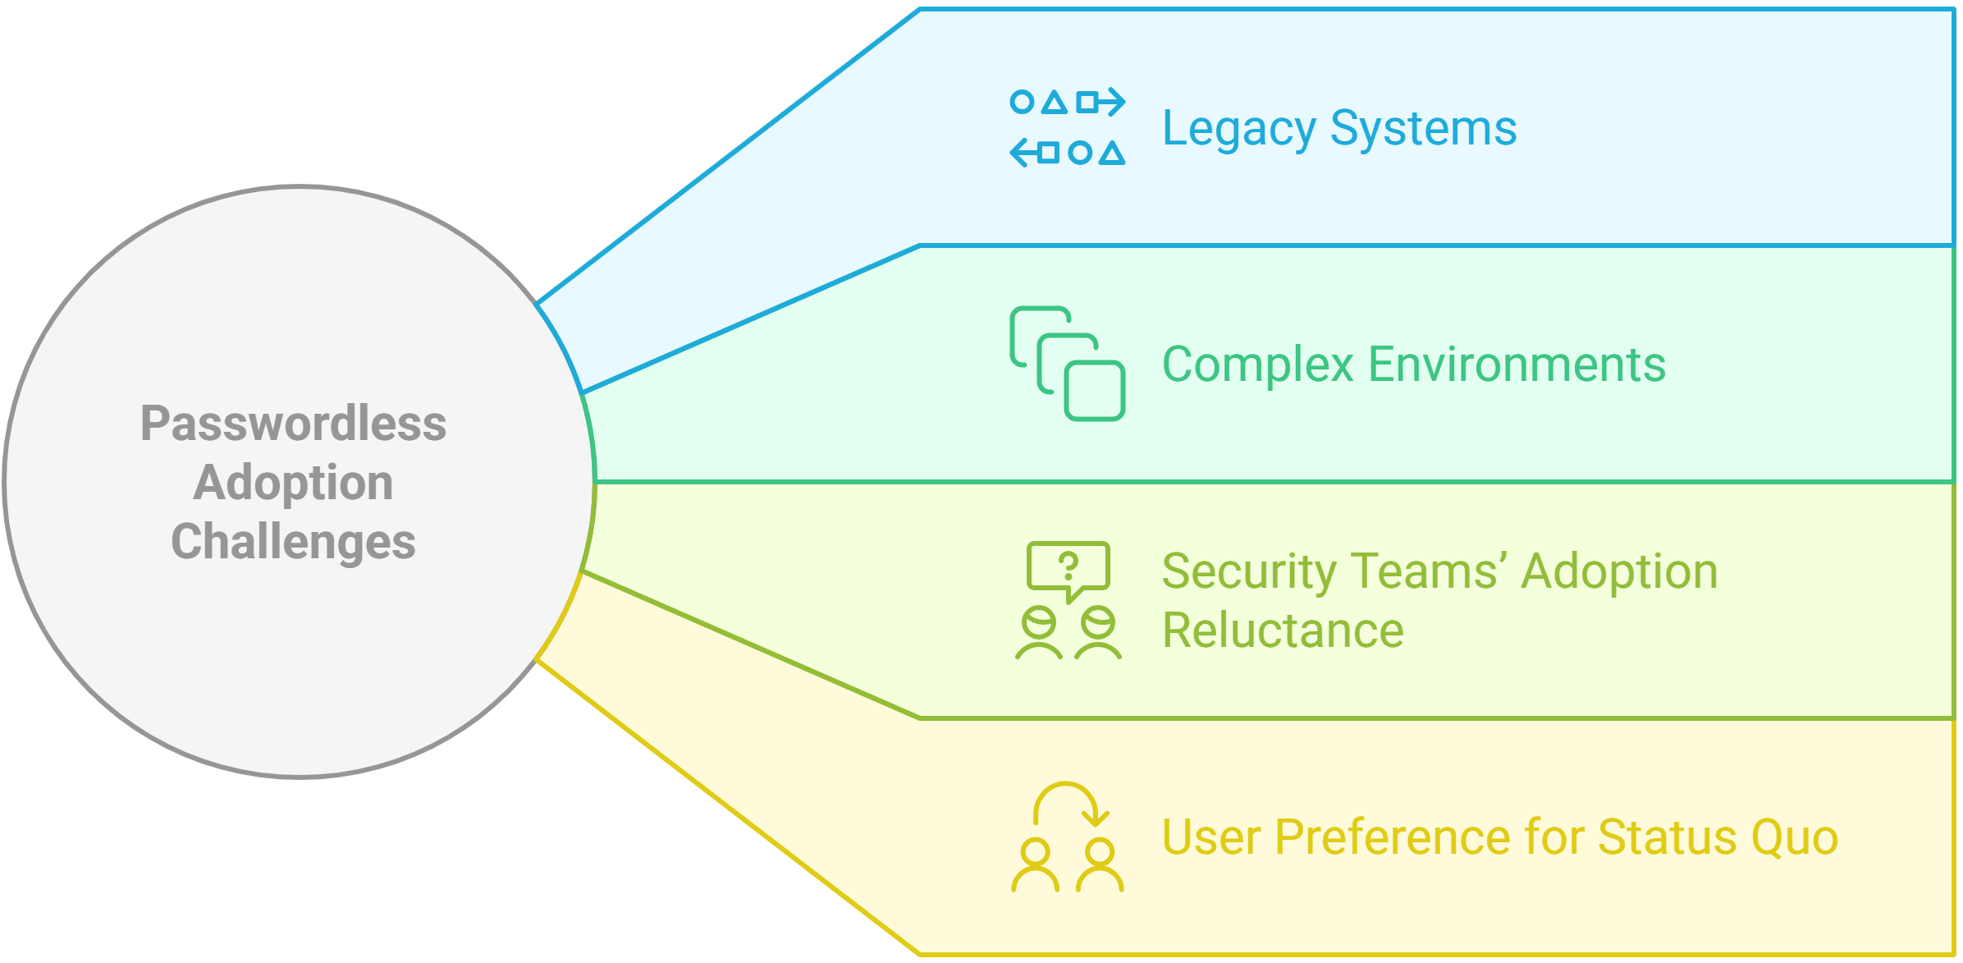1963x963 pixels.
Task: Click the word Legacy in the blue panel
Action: [1239, 130]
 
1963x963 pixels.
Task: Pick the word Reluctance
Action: [1283, 631]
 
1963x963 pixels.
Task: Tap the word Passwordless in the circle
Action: [293, 424]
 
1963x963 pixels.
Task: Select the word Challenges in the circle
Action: [293, 542]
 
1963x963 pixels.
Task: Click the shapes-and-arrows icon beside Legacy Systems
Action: [1067, 127]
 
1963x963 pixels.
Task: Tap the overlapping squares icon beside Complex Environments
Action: [1067, 364]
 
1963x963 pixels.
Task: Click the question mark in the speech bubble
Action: [1068, 566]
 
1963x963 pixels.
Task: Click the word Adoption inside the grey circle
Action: [293, 483]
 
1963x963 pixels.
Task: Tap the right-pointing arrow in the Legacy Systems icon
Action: [1111, 103]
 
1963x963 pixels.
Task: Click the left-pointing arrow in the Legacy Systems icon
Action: [1023, 153]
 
